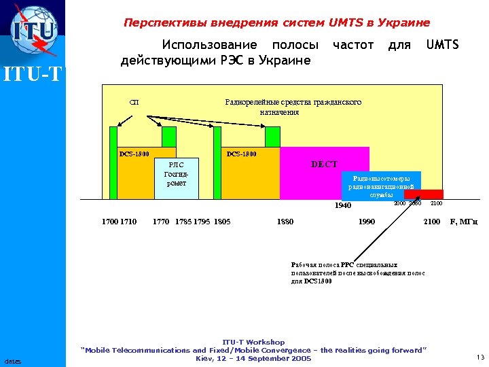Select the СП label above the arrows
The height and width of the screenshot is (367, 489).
click(134, 102)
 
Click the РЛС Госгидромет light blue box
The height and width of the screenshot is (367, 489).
click(176, 178)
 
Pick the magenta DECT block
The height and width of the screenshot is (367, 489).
click(324, 173)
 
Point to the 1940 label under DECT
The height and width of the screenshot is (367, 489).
click(343, 205)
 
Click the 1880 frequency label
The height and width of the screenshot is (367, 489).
click(285, 221)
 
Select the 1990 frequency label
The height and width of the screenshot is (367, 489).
click(367, 221)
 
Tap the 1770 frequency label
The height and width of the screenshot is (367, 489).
click(161, 221)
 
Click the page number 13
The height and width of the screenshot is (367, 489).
click(480, 357)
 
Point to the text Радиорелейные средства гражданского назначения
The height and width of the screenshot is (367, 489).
click(293, 107)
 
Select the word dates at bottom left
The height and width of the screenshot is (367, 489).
click(13, 360)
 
